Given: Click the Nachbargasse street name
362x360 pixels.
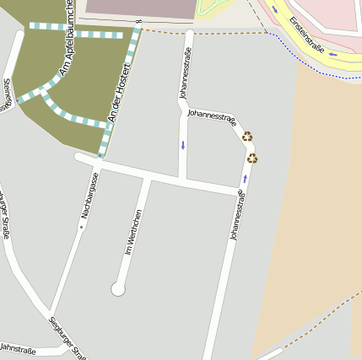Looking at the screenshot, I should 89,196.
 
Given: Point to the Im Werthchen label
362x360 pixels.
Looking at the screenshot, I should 133,233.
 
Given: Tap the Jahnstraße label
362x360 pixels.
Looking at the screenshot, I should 17,347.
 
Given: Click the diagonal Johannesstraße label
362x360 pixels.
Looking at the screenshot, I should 212,116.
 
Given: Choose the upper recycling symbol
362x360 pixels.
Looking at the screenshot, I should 247,136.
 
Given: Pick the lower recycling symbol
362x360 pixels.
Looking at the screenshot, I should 252,158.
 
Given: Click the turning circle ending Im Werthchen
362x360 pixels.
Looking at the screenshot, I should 118,289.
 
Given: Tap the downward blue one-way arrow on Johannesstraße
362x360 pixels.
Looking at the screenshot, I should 182,145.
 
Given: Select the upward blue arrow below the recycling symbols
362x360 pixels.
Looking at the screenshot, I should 245,179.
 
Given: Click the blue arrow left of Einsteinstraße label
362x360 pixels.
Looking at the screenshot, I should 274,10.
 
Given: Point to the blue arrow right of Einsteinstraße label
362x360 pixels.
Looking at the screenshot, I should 332,55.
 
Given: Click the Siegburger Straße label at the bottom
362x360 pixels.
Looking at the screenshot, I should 68,336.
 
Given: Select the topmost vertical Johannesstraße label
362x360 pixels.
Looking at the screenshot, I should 186,73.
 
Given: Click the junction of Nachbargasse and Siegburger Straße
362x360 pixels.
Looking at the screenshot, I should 51,310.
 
